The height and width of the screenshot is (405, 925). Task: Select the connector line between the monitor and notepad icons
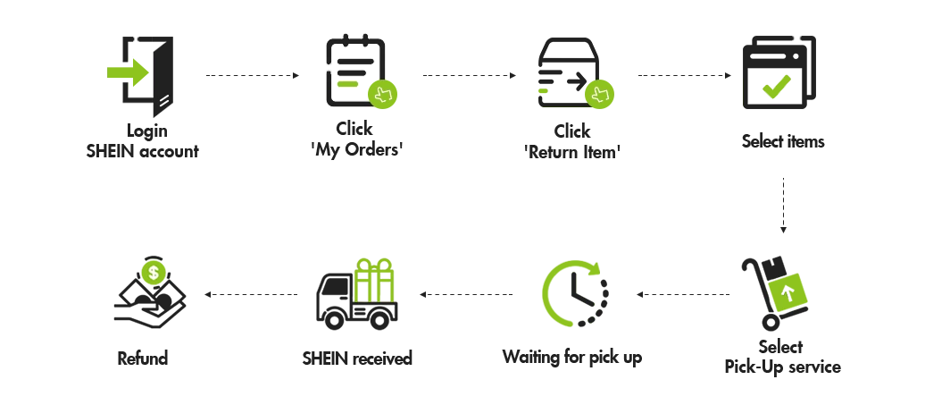coord(250,74)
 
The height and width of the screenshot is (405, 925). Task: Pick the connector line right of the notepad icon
coord(470,74)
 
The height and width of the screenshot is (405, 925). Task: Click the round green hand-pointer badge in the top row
coord(599,92)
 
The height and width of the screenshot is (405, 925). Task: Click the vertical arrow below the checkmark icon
coord(781,202)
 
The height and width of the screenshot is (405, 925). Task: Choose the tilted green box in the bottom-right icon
coord(783,293)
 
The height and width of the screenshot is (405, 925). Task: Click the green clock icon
coord(570,291)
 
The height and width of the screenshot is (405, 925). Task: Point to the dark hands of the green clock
coord(580,291)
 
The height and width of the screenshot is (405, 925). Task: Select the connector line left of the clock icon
coord(464,291)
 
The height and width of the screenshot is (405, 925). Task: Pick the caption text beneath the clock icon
coord(571,356)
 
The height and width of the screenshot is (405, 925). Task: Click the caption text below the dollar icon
coord(143,356)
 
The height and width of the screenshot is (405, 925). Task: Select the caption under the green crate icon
coord(357,356)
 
